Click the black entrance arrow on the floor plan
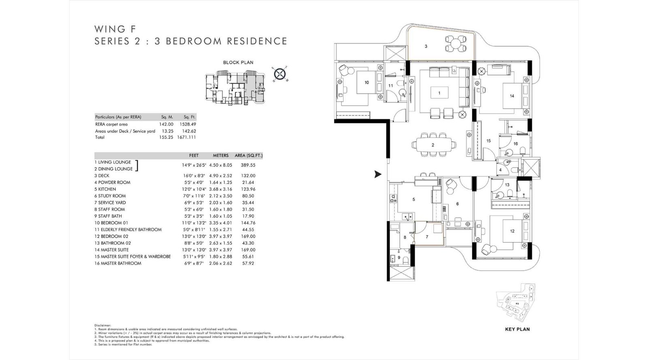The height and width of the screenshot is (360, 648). tap(377, 175)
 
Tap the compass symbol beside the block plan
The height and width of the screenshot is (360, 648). tap(278, 74)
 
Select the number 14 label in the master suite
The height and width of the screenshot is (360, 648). tap(512, 96)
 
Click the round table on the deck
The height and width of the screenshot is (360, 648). tap(456, 44)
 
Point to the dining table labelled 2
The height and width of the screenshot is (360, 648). tap(433, 145)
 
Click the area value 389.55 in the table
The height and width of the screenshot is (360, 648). tap(248, 165)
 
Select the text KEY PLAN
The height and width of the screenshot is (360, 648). tap(517, 329)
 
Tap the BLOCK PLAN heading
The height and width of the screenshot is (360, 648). tap(238, 62)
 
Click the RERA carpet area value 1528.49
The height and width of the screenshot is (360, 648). tap(188, 124)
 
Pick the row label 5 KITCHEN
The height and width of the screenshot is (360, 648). tap(105, 189)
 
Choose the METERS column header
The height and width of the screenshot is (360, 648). tap(221, 156)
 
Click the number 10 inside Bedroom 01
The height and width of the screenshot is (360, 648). tap(367, 83)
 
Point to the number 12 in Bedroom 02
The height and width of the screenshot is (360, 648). tap(512, 231)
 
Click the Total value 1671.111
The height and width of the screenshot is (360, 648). tap(186, 137)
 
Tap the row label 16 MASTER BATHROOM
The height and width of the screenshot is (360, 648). tap(118, 263)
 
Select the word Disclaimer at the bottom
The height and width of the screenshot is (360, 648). tap(102, 325)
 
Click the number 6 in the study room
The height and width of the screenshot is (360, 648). tap(457, 204)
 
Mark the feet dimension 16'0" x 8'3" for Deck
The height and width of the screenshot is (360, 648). tap(194, 176)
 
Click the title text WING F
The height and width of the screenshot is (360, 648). tap(115, 29)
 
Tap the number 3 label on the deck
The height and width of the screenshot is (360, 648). tap(426, 47)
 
